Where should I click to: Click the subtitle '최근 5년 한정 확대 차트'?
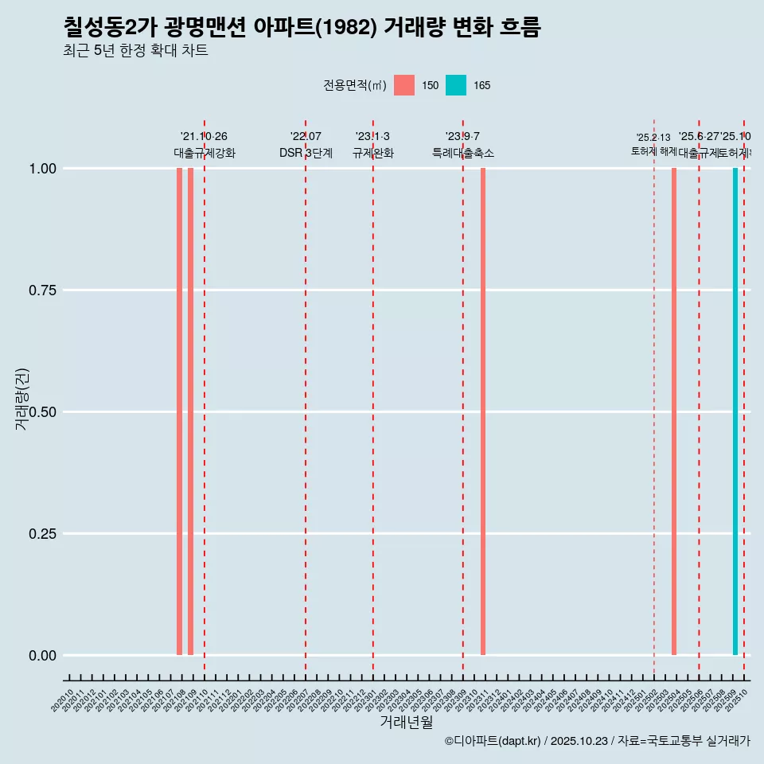click(x=135, y=52)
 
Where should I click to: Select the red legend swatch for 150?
click(x=404, y=85)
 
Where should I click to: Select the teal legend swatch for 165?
click(x=456, y=85)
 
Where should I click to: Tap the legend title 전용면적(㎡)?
click(x=355, y=85)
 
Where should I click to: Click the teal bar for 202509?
click(x=735, y=411)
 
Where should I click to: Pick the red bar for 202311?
click(x=483, y=411)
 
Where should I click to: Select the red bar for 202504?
click(x=674, y=411)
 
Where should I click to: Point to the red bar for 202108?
click(x=180, y=411)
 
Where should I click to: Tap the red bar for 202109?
click(x=191, y=411)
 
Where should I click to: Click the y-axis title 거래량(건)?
click(x=21, y=399)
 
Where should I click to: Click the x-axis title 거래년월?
click(x=407, y=723)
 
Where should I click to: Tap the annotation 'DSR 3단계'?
click(x=306, y=153)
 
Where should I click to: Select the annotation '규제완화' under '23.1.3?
click(x=373, y=153)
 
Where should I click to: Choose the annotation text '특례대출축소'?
click(x=463, y=153)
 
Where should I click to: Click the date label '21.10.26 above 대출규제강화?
click(x=204, y=137)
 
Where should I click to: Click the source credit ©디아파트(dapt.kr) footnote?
click(x=597, y=742)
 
